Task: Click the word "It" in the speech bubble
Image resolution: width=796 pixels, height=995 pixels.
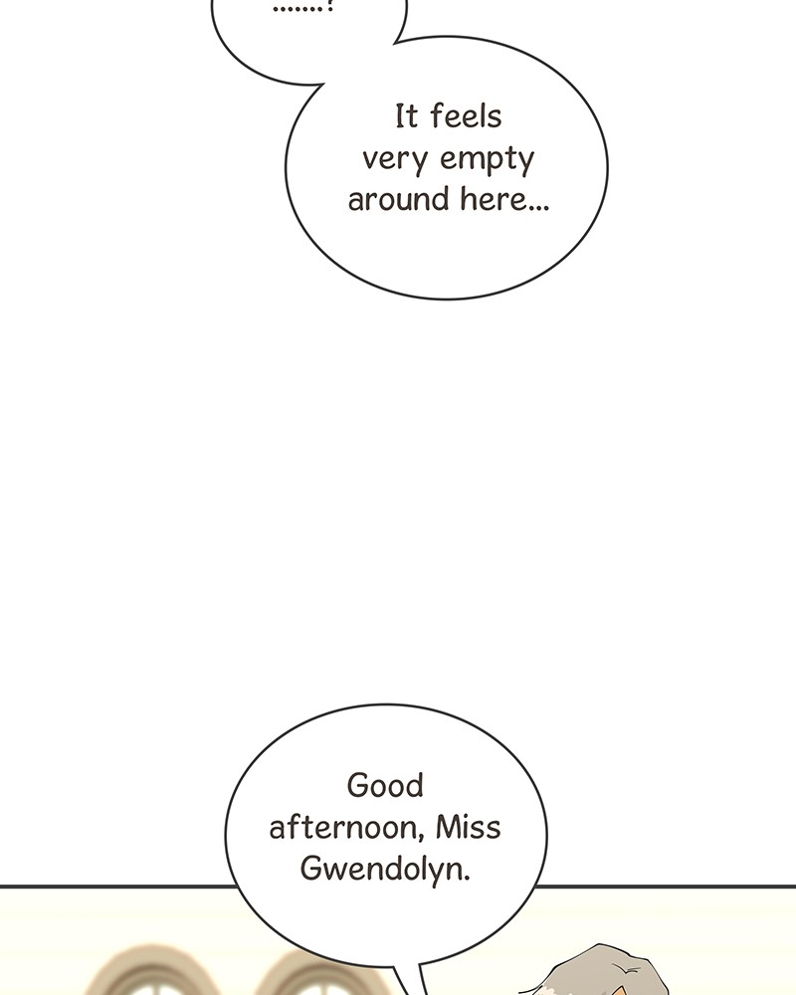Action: (406, 116)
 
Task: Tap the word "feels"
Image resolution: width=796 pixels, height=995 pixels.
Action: (466, 116)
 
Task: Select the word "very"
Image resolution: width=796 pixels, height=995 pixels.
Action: (394, 159)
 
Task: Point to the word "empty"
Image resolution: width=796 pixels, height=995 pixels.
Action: (487, 159)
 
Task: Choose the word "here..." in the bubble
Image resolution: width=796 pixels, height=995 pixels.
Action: (504, 199)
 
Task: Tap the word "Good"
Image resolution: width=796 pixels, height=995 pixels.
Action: (385, 786)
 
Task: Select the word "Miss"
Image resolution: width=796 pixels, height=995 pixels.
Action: (469, 828)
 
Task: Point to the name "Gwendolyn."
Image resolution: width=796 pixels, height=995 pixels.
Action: (385, 870)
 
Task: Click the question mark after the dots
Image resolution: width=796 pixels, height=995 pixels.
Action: (329, 8)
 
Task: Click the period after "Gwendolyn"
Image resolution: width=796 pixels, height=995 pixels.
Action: (467, 880)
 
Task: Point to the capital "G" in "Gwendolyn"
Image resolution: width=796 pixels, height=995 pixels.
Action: (311, 868)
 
